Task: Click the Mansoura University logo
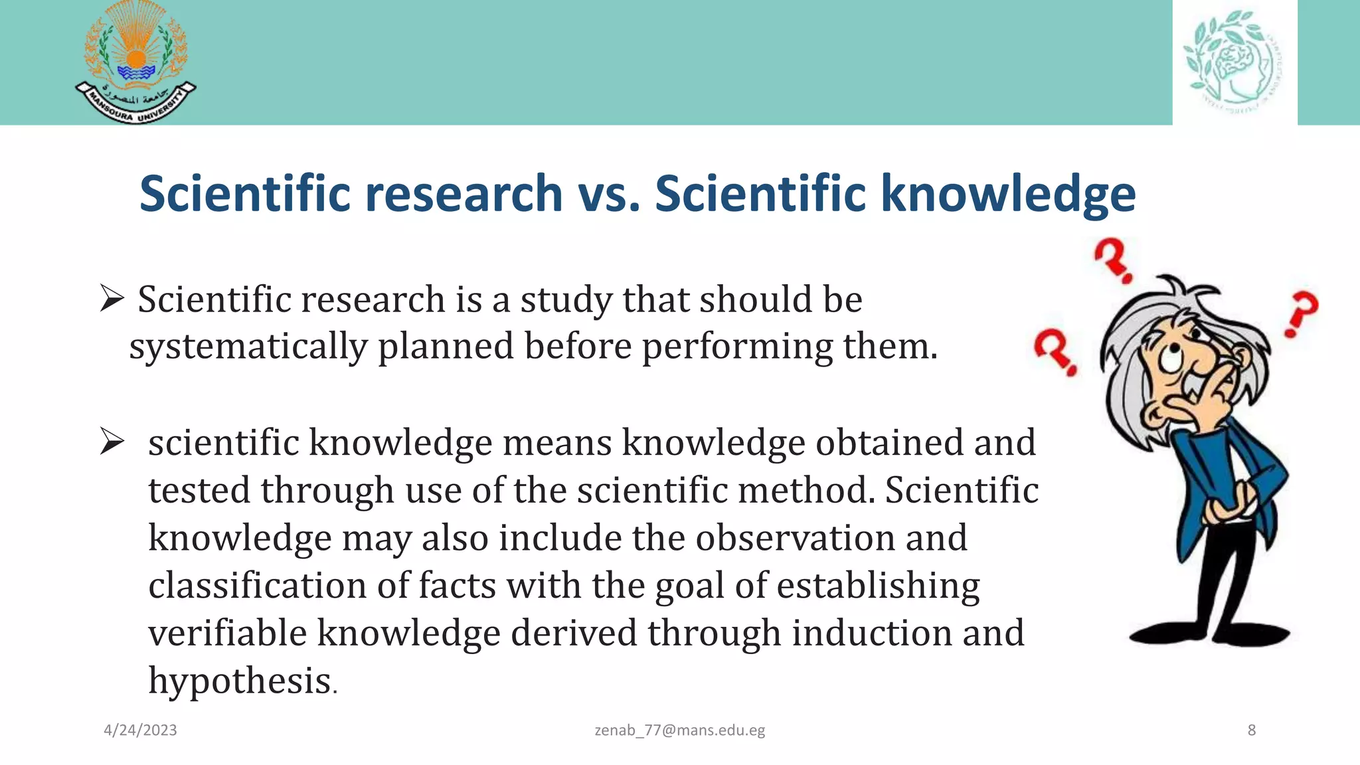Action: click(135, 63)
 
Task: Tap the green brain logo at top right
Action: click(1234, 62)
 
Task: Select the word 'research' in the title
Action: click(464, 194)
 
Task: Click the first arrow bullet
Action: click(112, 298)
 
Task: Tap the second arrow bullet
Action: click(112, 442)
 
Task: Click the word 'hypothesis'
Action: click(240, 681)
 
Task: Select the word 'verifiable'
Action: click(227, 633)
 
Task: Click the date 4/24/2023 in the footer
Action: click(140, 730)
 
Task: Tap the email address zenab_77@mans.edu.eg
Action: click(679, 730)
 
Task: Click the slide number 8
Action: click(1252, 730)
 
